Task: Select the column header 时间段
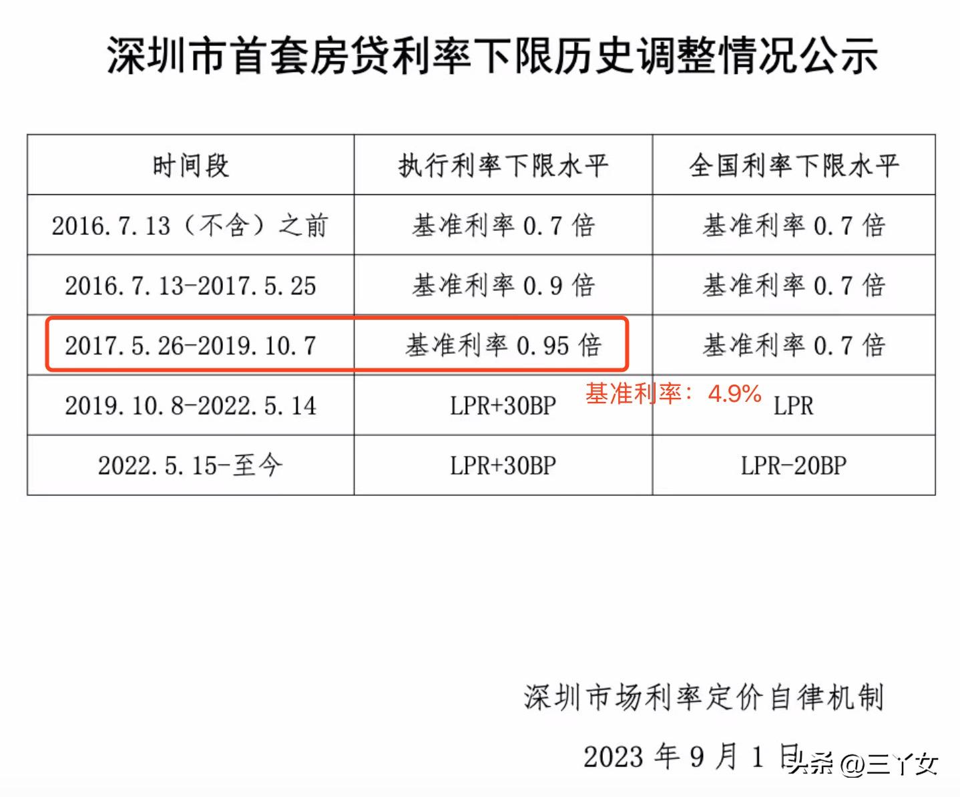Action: pyautogui.click(x=190, y=166)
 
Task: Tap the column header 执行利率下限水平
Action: pyautogui.click(x=503, y=166)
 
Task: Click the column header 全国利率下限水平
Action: pyautogui.click(x=794, y=166)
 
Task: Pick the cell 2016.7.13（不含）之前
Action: pyautogui.click(x=190, y=226)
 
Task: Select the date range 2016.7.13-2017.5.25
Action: pyautogui.click(x=190, y=286)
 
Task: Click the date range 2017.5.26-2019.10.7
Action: pyautogui.click(x=190, y=346)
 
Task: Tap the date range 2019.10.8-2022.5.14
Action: pyautogui.click(x=190, y=406)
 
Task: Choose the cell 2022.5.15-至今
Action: pyautogui.click(x=190, y=465)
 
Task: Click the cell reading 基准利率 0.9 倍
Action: pyautogui.click(x=503, y=286)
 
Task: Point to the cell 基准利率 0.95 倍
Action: pyautogui.click(x=503, y=346)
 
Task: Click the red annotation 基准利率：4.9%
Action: pyautogui.click(x=673, y=394)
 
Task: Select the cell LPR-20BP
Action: pyautogui.click(x=794, y=465)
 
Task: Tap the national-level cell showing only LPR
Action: pyautogui.click(x=794, y=406)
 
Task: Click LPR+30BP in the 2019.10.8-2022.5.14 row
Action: pyautogui.click(x=503, y=406)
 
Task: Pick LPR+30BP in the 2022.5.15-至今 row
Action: pyautogui.click(x=503, y=465)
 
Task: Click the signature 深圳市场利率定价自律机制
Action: pyautogui.click(x=704, y=698)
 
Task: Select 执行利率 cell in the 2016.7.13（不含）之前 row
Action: pyautogui.click(x=503, y=226)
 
